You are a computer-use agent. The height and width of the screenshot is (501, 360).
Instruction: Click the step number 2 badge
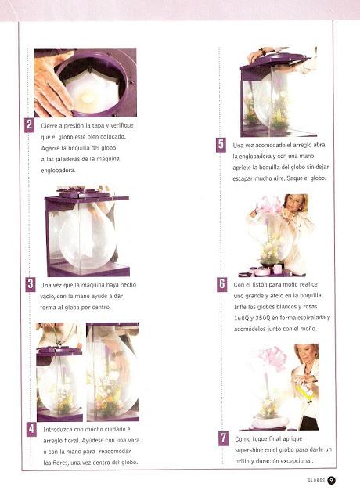29,125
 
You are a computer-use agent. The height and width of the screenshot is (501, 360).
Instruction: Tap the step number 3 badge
31,284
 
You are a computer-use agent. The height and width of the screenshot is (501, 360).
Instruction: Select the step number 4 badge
31,429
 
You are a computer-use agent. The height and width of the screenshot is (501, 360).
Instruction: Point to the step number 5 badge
221,145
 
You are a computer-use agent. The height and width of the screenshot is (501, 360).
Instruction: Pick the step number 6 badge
222,284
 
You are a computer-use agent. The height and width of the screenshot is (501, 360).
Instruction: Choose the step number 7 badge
224,438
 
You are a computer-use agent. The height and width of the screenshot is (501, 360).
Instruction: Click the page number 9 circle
331,480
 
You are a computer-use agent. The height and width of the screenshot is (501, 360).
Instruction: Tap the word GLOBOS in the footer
316,480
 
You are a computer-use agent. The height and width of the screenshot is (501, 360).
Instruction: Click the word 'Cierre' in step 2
48,125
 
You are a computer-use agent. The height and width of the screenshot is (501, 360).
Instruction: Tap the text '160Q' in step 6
240,318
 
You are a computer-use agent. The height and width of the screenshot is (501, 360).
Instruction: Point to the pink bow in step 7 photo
272,359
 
